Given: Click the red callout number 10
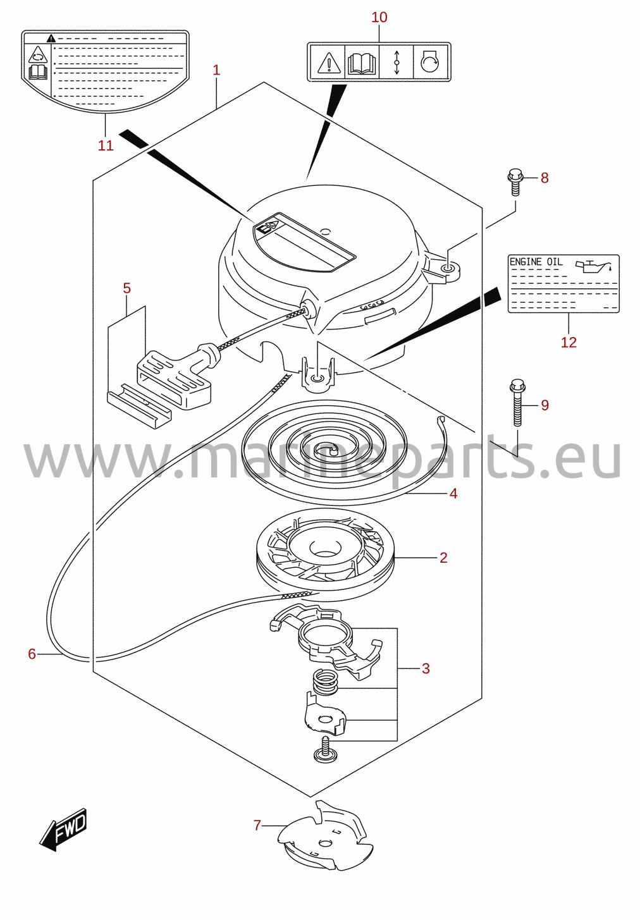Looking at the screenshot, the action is pyautogui.click(x=379, y=17).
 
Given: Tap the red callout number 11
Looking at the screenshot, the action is pyautogui.click(x=105, y=145).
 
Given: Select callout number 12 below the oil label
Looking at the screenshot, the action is pyautogui.click(x=569, y=342).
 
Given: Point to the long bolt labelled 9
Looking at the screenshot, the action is pyautogui.click(x=517, y=403).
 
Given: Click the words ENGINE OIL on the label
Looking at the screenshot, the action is pyautogui.click(x=536, y=262).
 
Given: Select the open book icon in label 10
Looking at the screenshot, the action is pyautogui.click(x=362, y=63).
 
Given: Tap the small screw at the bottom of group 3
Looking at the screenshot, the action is pyautogui.click(x=325, y=750).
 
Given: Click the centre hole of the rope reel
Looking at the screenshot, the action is pyautogui.click(x=326, y=549).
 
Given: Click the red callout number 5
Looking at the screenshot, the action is pyautogui.click(x=126, y=288).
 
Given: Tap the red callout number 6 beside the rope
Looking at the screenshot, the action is pyautogui.click(x=32, y=653).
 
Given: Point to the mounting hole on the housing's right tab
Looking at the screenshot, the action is pyautogui.click(x=448, y=269).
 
